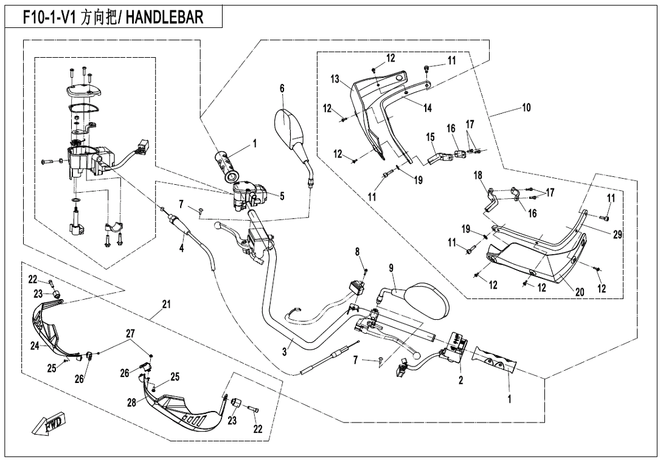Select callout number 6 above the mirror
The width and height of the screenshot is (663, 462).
pos(282,88)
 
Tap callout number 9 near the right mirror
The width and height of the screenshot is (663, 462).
pos(392,267)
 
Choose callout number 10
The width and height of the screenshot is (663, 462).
pos(526,108)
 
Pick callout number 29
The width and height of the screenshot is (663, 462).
pos(618,234)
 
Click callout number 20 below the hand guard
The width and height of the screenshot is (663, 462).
pos(580,292)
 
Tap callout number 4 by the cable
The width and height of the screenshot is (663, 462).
pos(181,249)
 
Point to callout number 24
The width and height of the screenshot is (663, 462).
pos(35,345)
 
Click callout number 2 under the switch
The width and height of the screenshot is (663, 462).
pos(460,381)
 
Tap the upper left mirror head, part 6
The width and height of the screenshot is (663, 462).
pos(291,125)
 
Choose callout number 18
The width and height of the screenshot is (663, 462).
pos(478,175)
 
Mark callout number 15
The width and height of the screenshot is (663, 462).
pos(430,137)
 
